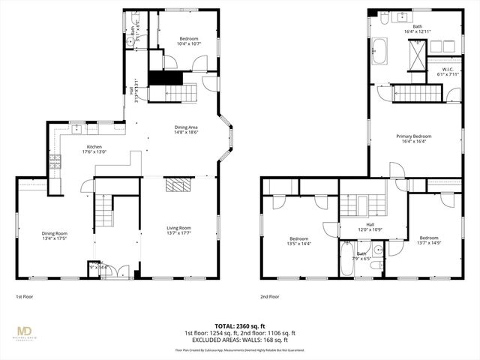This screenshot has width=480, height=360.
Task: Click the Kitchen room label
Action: (x=94, y=147)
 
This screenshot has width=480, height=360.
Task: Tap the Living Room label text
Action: (x=178, y=227)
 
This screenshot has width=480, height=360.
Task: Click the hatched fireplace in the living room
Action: (x=178, y=185)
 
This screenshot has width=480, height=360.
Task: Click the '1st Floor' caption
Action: (x=25, y=296)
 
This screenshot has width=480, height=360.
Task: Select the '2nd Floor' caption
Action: (x=269, y=296)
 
